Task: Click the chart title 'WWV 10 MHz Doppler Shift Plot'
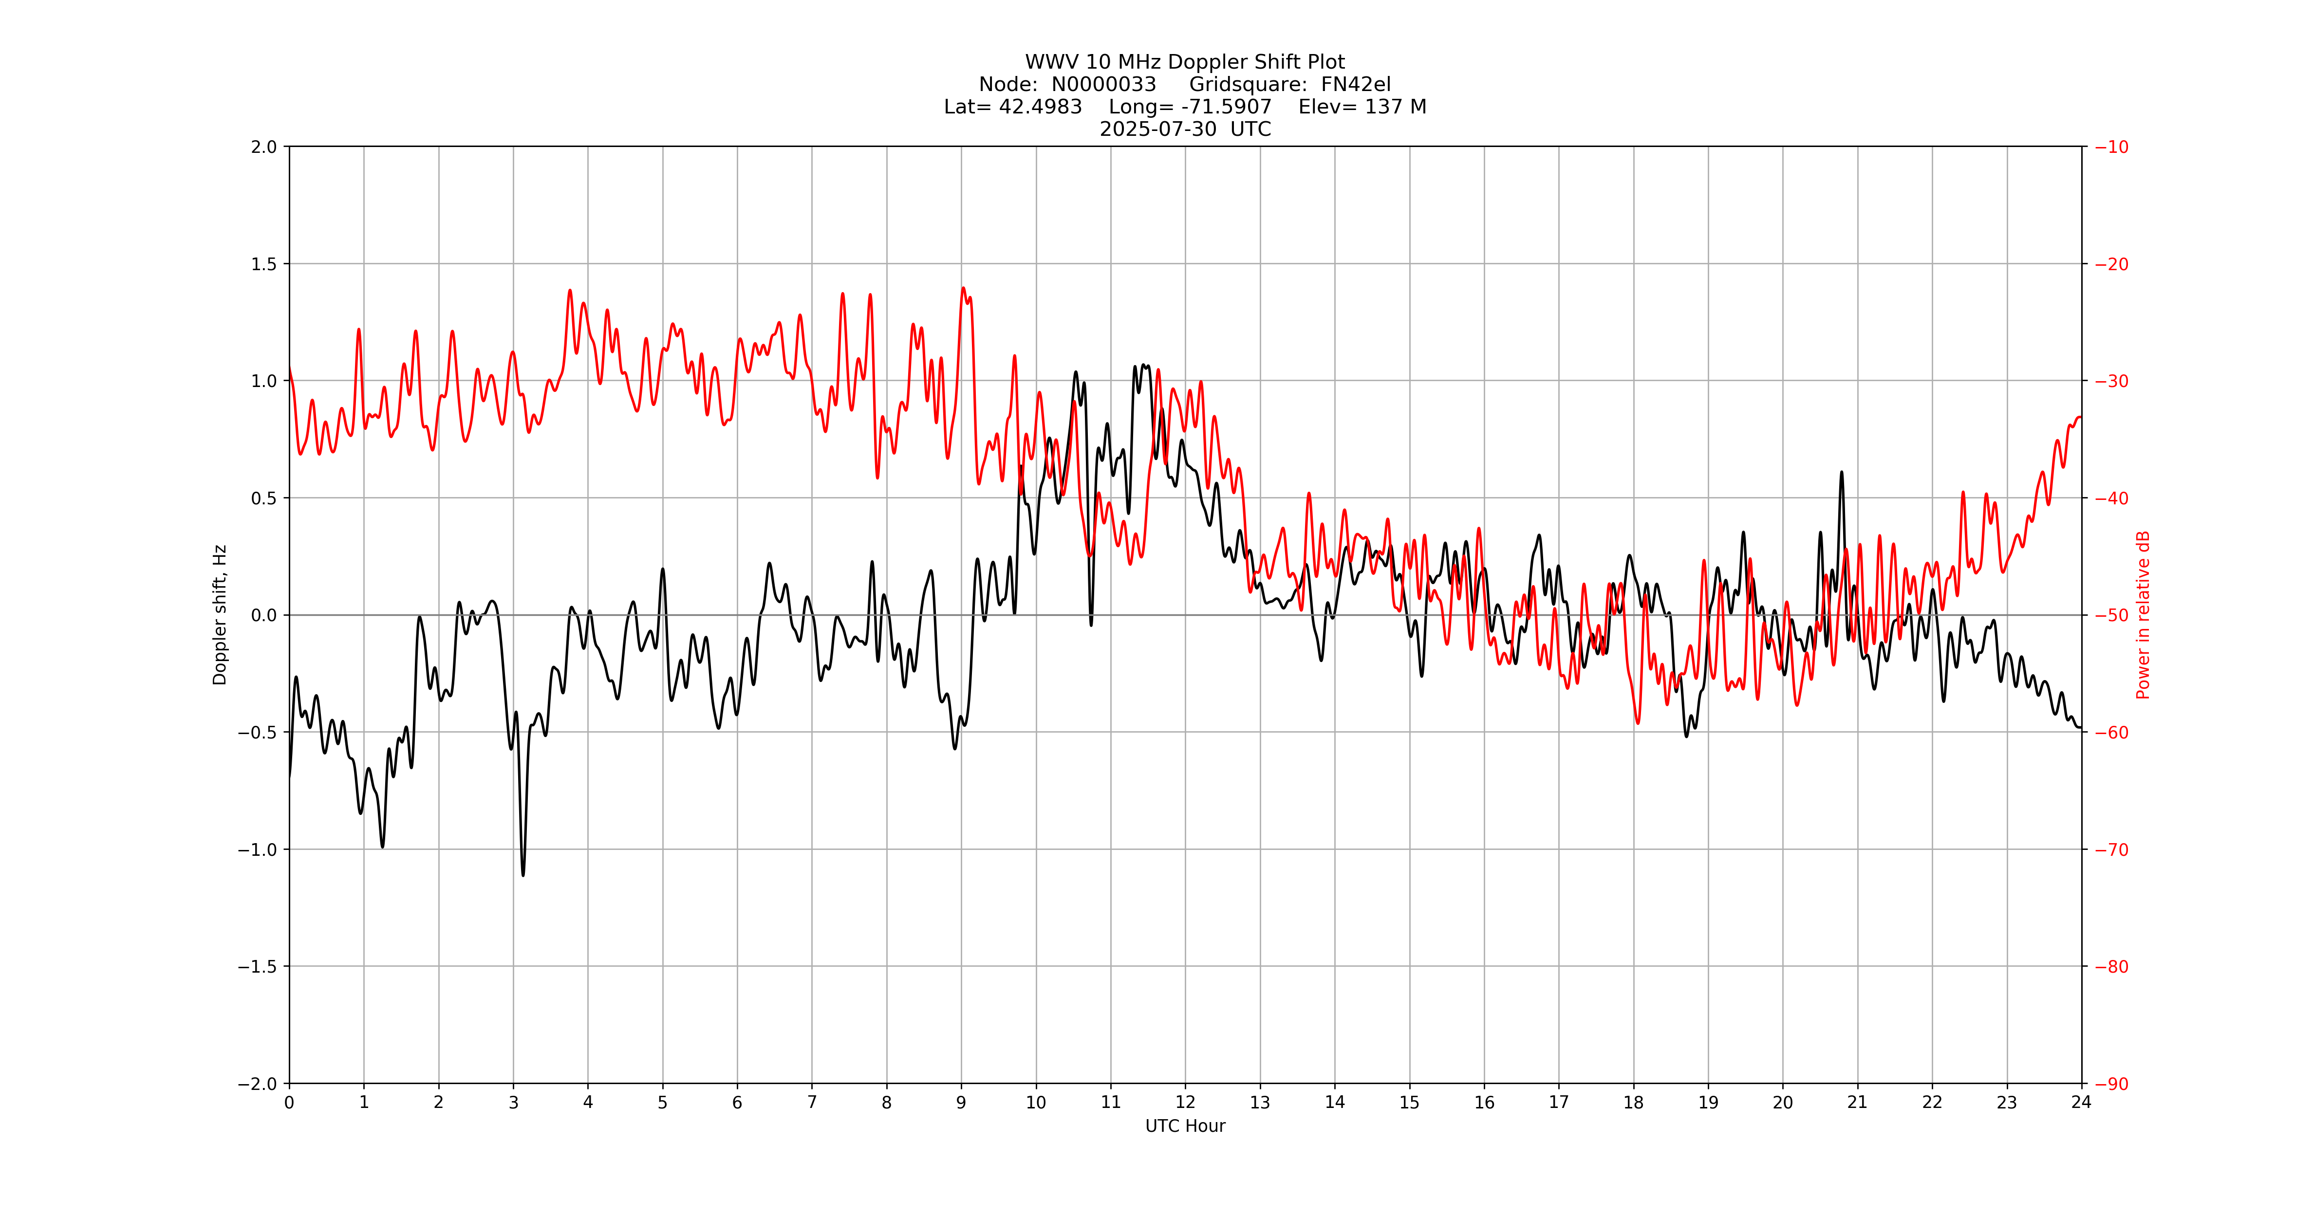pyautogui.click(x=1184, y=62)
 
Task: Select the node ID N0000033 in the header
pyautogui.click(x=1103, y=84)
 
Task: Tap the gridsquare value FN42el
pyautogui.click(x=1356, y=84)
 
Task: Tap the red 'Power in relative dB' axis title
pyautogui.click(x=2143, y=615)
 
